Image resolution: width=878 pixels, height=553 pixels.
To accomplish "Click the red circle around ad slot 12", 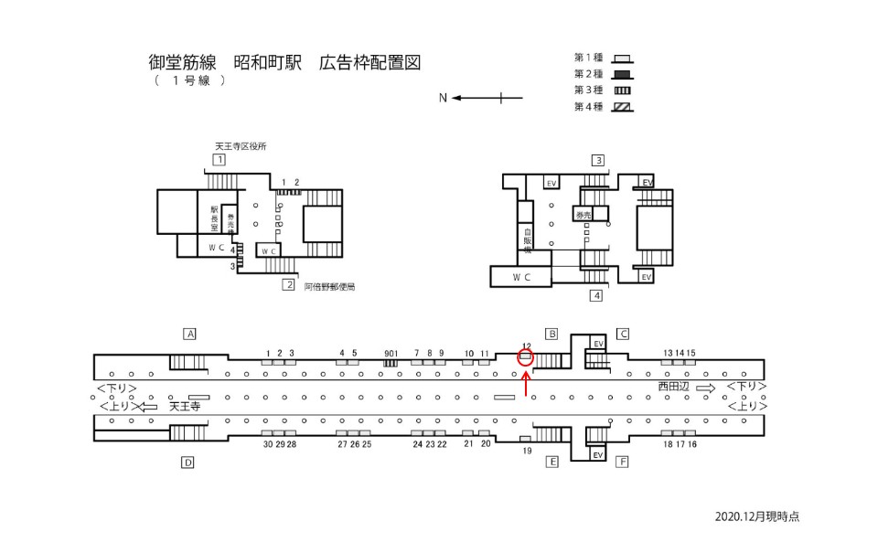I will click(525, 357).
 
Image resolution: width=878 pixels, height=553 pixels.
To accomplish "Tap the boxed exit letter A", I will click(190, 334).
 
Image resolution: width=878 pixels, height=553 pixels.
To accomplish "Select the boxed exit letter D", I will click(187, 463).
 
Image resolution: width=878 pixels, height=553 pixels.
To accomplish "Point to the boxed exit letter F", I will click(623, 463).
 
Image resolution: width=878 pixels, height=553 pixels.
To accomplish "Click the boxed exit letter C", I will click(622, 334).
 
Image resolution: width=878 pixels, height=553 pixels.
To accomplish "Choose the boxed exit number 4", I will click(596, 295).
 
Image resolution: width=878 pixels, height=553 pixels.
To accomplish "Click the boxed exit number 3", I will click(598, 160).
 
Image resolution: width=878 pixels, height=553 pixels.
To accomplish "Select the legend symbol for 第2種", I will click(622, 74).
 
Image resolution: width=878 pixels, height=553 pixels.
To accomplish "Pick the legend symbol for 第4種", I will click(622, 106).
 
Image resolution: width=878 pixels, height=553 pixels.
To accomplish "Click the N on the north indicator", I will click(443, 98).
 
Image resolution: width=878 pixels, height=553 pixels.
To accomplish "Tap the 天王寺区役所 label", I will click(240, 146).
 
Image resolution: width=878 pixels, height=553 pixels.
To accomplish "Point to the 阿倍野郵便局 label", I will click(329, 286).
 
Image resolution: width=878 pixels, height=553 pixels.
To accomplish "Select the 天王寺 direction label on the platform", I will click(185, 407).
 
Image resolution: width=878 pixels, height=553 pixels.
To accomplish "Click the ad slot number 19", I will click(527, 451).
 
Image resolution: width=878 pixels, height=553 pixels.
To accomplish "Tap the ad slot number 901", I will click(391, 353).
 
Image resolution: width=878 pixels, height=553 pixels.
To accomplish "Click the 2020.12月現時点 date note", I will click(757, 516).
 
